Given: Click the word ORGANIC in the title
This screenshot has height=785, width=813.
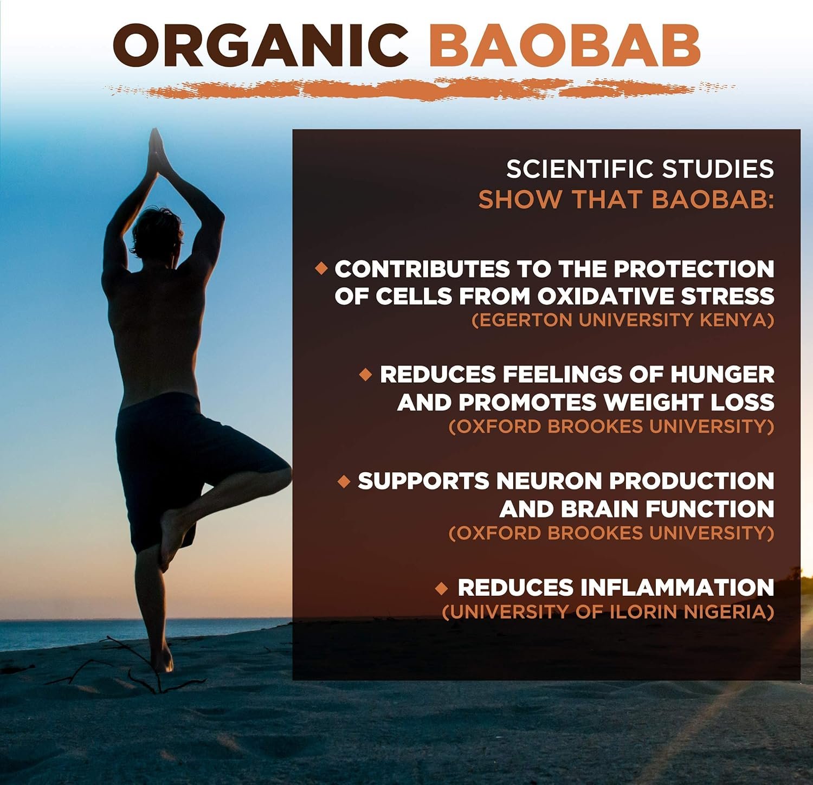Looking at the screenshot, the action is click(x=261, y=46).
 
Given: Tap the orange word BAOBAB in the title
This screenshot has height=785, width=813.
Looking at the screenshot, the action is click(x=564, y=46).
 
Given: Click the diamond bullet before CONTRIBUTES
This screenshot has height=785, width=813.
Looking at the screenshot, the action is click(x=321, y=268).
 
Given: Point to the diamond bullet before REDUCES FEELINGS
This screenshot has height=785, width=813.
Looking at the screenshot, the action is click(x=366, y=374).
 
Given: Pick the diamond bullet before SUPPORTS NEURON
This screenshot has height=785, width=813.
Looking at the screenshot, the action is click(x=344, y=481).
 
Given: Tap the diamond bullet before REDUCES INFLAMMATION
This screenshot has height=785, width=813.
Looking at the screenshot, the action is click(x=442, y=588).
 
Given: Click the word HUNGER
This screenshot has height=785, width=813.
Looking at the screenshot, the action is click(x=722, y=375).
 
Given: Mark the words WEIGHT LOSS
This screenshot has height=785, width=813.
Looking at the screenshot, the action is click(x=689, y=403).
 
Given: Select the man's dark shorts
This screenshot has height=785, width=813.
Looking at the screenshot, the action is click(x=179, y=466).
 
